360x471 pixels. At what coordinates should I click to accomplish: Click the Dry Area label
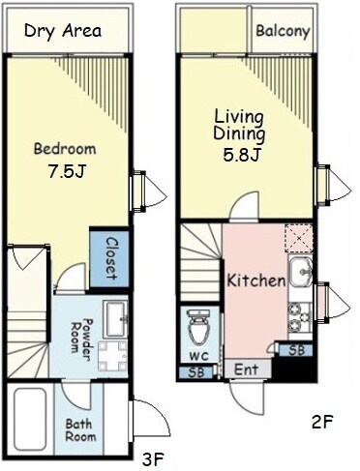(63, 32)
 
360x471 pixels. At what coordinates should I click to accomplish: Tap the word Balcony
(283, 31)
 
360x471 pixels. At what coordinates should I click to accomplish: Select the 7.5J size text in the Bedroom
(67, 171)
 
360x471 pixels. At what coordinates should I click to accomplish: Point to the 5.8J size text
(242, 156)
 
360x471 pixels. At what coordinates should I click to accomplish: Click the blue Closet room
(109, 258)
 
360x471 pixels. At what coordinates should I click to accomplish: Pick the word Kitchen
(256, 280)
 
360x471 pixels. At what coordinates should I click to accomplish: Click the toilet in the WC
(198, 328)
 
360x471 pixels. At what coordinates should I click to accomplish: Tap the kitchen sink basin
(300, 272)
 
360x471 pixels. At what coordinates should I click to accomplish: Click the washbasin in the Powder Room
(115, 318)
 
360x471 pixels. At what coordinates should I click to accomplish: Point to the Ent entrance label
(246, 369)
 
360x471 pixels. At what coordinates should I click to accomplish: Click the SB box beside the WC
(196, 372)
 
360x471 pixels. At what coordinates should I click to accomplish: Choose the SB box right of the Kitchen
(296, 350)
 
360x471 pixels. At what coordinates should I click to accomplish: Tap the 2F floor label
(322, 422)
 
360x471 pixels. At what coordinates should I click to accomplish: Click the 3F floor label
(153, 459)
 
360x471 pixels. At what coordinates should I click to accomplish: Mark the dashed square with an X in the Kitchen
(299, 238)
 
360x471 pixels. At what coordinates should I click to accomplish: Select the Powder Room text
(80, 336)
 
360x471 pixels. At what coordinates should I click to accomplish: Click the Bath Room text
(80, 430)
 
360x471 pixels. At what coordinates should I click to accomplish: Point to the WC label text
(198, 356)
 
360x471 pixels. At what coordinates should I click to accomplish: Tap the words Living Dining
(239, 126)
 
